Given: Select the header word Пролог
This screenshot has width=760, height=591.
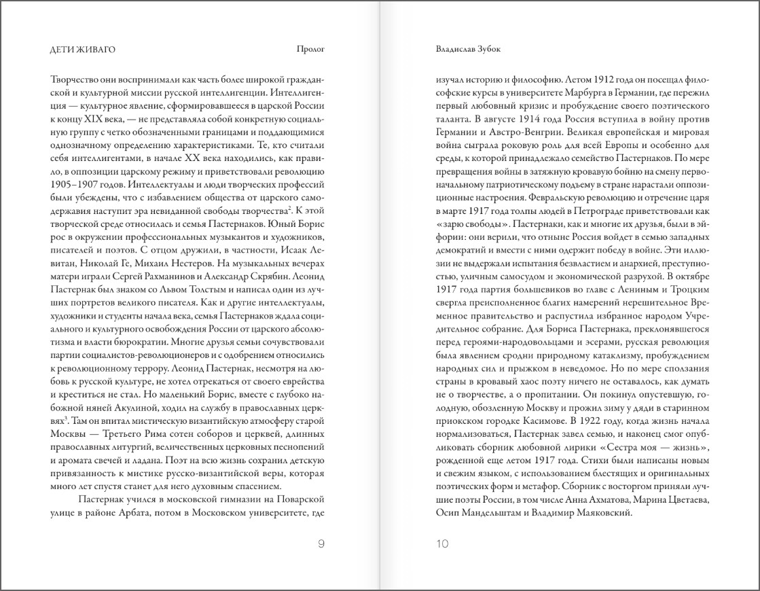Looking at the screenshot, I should point(312,50).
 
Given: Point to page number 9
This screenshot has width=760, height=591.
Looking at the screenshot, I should point(321,543).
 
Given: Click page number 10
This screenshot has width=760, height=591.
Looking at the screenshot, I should point(441,543).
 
